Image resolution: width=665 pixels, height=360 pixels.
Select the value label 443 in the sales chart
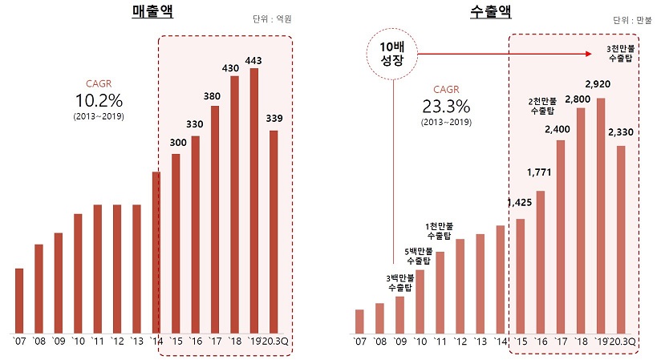[254, 60]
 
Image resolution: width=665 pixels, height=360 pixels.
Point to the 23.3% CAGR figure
[445, 107]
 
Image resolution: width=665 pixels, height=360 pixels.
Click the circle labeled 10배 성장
[393, 55]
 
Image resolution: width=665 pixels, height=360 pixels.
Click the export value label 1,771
[537, 172]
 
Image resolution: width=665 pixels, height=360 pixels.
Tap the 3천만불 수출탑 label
[622, 54]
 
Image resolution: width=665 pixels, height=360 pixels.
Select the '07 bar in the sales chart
[19, 300]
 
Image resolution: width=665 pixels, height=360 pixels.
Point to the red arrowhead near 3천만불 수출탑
[594, 55]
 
